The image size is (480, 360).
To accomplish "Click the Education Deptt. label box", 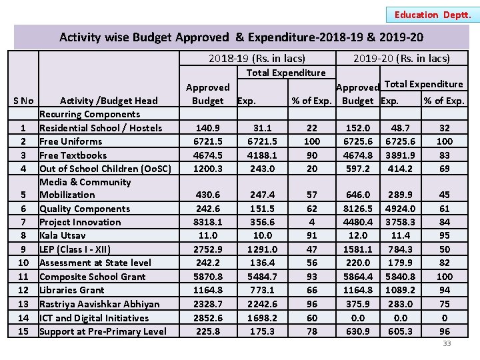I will coord(433,15).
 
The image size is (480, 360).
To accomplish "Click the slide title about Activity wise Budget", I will coord(241,37).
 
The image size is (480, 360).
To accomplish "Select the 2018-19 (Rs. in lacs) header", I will coord(257,59).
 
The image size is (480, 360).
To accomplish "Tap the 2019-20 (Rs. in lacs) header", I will coord(401,59).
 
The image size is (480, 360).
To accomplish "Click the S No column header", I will coord(23,101).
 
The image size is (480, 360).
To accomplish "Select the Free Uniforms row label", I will coord(71,141).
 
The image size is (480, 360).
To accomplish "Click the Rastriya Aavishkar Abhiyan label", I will coord(99,304).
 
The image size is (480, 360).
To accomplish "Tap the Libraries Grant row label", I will coord(72,290).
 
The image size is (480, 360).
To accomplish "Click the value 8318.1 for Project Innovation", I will coord(207,222).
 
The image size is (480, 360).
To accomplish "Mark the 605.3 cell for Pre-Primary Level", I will coord(400,331).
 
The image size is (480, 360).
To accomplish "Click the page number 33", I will coord(447,343).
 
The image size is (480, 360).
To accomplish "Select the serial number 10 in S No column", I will coord(23,263).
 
